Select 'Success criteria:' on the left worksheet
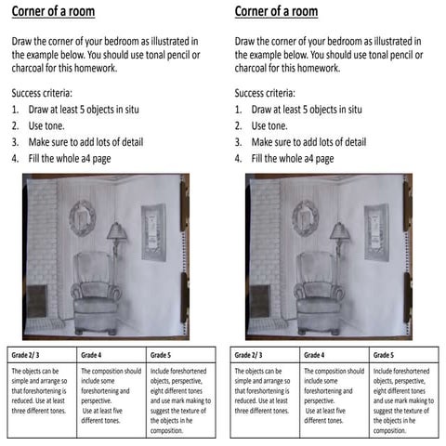pos(47,93)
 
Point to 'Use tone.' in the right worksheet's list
pos(272,125)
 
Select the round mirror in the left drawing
pos(82,216)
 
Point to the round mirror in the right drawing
pos(306,216)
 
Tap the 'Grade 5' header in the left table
pos(161,355)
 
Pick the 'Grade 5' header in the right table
pos(384,355)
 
